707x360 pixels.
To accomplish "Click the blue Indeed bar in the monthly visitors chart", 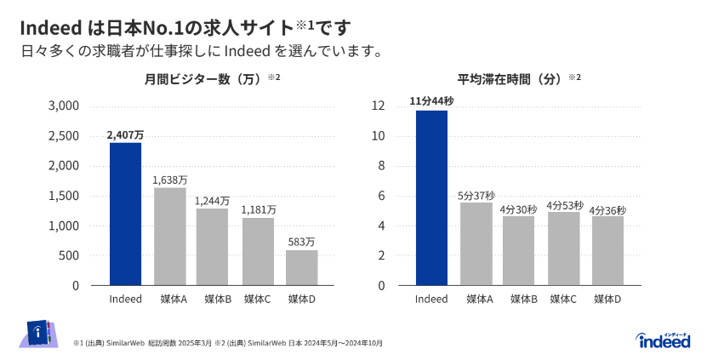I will point(125,214).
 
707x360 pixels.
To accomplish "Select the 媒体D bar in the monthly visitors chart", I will point(301,267).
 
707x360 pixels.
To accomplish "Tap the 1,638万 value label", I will point(169,180).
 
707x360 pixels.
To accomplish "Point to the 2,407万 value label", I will point(125,134).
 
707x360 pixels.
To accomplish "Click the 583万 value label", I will point(301,243).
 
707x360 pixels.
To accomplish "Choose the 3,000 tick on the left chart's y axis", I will point(64,106).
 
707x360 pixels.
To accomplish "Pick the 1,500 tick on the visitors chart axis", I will point(64,196).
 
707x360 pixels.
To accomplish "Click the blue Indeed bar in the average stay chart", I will point(431,197).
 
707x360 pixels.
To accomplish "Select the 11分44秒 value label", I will point(431,101).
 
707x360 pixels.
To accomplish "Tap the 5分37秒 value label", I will point(476,195).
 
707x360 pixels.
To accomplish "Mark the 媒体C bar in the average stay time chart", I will point(563,249).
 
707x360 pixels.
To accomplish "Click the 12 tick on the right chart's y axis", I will point(379,106).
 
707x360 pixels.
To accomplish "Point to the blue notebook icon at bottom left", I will point(37,333).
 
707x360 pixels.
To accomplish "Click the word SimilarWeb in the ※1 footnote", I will point(125,343).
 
